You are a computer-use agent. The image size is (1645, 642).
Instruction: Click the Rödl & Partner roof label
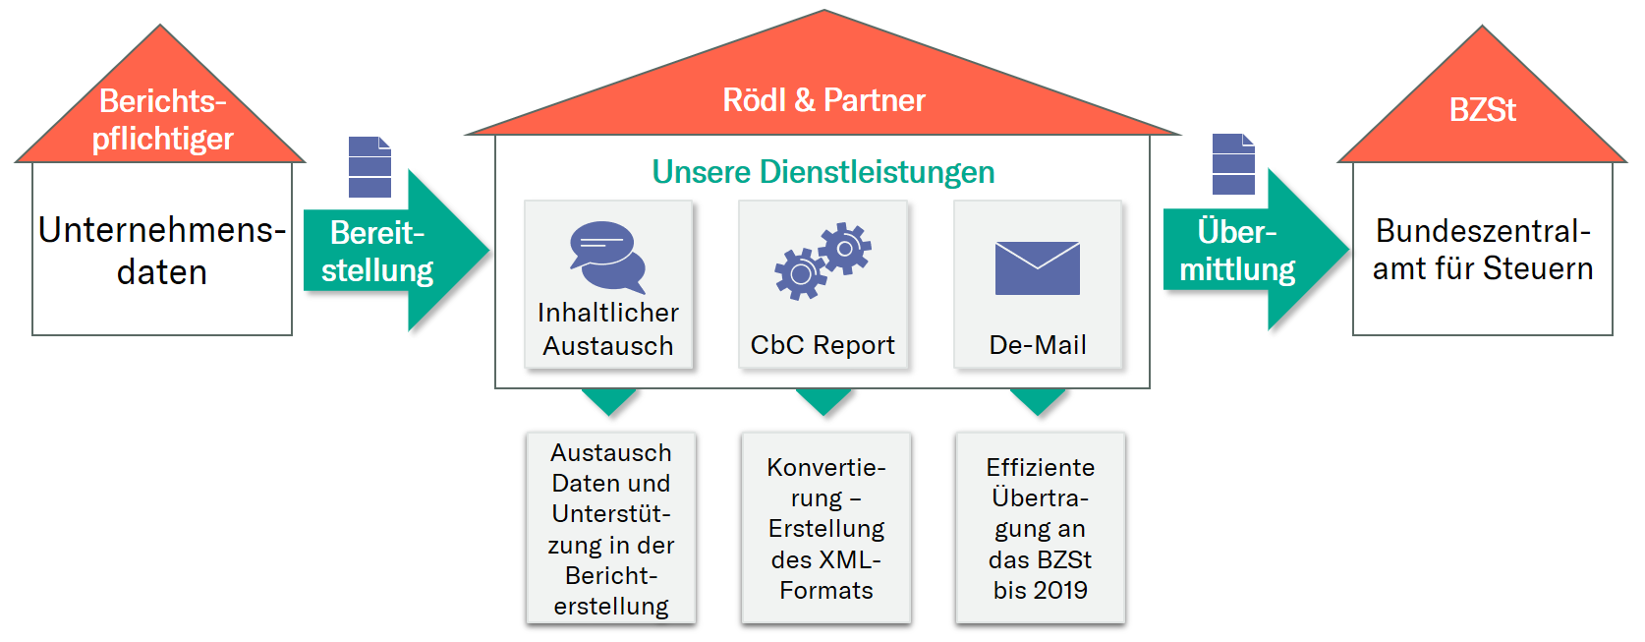tap(823, 100)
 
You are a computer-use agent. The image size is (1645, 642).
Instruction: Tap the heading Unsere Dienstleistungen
tap(823, 172)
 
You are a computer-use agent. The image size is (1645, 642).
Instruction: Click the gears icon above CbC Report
tap(822, 261)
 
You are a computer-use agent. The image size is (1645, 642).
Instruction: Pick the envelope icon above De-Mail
tap(1037, 267)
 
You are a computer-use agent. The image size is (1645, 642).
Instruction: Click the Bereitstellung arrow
tap(393, 252)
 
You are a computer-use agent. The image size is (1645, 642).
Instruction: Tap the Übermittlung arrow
tap(1253, 251)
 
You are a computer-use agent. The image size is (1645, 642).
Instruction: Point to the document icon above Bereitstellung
tap(369, 167)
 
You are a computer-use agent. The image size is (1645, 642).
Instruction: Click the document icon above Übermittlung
tap(1233, 164)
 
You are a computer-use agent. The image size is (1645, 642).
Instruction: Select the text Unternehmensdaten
tap(162, 251)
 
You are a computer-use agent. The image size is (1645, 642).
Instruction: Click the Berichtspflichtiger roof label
tap(162, 120)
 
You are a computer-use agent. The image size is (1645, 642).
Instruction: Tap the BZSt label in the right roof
tap(1482, 110)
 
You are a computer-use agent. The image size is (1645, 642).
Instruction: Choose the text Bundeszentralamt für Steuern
tap(1482, 250)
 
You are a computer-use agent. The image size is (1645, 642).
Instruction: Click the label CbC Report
tap(822, 345)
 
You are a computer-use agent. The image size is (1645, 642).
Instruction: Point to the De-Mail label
tap(1037, 345)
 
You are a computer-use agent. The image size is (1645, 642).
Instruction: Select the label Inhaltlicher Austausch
tap(608, 329)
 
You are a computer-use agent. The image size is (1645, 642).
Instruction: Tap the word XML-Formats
tap(826, 575)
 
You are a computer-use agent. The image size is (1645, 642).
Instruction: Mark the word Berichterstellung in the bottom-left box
tap(611, 591)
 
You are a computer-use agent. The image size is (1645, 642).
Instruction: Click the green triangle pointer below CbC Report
tap(823, 398)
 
